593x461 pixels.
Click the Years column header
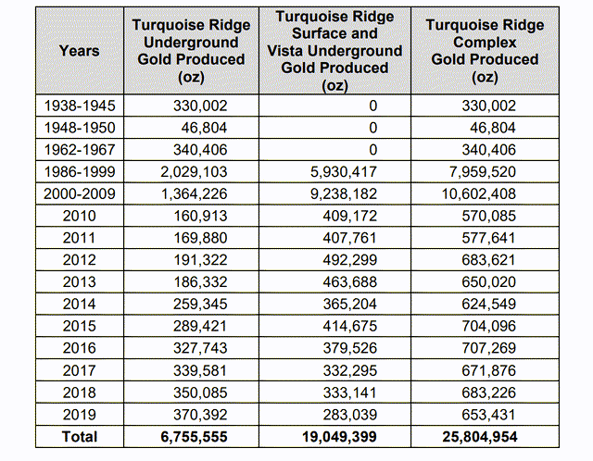tap(80, 51)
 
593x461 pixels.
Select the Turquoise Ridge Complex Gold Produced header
tap(485, 51)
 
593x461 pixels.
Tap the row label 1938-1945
tap(80, 106)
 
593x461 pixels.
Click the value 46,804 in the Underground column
tap(204, 128)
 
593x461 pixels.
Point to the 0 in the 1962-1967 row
tap(372, 150)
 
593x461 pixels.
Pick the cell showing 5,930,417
tap(344, 172)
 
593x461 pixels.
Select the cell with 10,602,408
tap(479, 193)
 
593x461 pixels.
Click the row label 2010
tap(80, 216)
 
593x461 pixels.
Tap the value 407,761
tap(350, 238)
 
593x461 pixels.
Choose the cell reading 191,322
tap(200, 260)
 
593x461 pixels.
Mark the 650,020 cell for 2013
tap(488, 282)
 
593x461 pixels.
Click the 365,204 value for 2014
tap(350, 305)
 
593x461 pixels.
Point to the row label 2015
tap(80, 326)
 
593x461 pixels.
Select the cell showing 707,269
tap(488, 348)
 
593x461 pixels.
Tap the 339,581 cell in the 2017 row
tap(200, 370)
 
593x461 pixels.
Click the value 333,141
tap(350, 392)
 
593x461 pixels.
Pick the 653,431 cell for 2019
tap(488, 415)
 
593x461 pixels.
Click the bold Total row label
tap(80, 437)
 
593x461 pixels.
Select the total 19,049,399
tap(339, 437)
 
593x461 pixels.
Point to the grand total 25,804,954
tap(480, 437)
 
